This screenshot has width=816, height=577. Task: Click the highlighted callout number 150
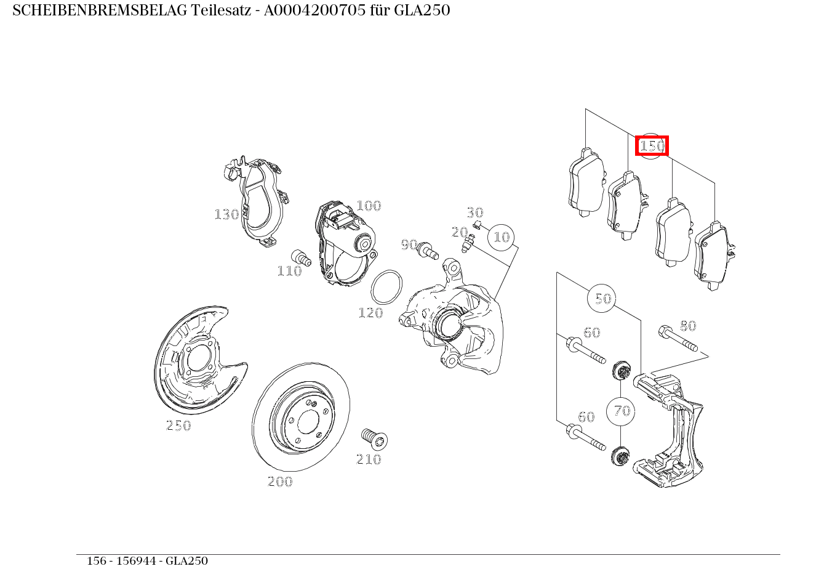point(652,146)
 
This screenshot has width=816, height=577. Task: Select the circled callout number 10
point(502,237)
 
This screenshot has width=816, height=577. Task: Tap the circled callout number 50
point(602,299)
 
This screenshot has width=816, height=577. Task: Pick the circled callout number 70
point(622,411)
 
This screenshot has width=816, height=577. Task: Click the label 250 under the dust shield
point(178,426)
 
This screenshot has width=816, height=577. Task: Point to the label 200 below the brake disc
point(280,482)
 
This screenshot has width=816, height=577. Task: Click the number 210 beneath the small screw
point(369,459)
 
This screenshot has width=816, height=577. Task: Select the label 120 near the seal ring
point(370,313)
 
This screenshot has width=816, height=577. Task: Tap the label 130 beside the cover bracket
point(226,214)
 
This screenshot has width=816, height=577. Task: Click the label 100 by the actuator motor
point(369,206)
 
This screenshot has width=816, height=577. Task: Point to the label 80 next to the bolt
point(687,326)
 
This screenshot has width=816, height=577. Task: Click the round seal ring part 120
point(387,287)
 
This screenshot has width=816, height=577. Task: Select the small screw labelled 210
point(374,438)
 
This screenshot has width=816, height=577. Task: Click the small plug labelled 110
point(300,257)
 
